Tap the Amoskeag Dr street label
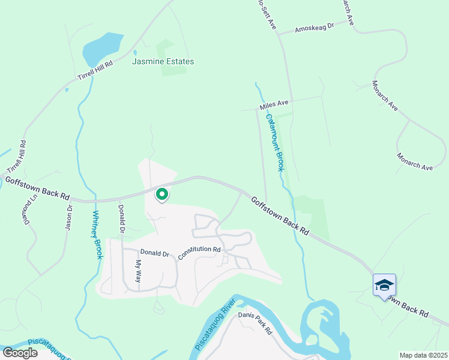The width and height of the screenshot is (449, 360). tap(313, 28)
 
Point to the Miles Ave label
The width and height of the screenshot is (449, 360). tap(274, 106)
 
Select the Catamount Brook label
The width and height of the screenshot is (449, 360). tap(275, 143)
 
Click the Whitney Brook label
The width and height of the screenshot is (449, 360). tap(97, 235)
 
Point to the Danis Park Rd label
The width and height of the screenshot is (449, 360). tap(255, 323)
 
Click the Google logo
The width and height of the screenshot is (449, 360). tap(20, 352)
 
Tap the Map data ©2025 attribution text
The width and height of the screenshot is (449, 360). tap(423, 355)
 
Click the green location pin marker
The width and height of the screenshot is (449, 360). tap(161, 194)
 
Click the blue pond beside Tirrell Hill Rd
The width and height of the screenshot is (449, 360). tap(103, 47)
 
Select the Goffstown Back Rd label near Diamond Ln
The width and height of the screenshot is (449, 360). tap(37, 188)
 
